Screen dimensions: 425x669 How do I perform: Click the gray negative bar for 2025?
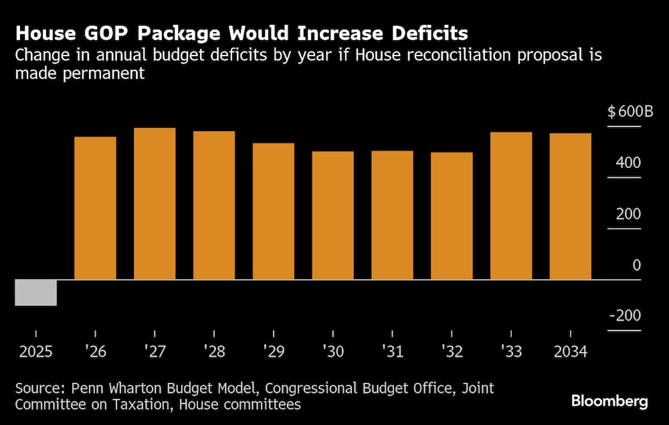pyautogui.click(x=36, y=292)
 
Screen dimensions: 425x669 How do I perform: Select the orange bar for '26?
pyautogui.click(x=95, y=208)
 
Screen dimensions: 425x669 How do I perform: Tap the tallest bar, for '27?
pyautogui.click(x=155, y=203)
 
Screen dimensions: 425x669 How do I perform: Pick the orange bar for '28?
pyautogui.click(x=214, y=205)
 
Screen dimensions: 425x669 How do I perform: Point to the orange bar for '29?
pyautogui.click(x=274, y=211)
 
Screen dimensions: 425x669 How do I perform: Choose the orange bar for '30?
pyautogui.click(x=333, y=216)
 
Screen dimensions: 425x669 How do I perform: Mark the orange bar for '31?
pyautogui.click(x=393, y=215)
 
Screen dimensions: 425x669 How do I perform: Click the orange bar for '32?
pyautogui.click(x=452, y=216)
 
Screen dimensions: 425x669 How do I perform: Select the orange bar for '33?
pyautogui.click(x=511, y=205)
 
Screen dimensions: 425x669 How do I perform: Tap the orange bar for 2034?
pyautogui.click(x=571, y=206)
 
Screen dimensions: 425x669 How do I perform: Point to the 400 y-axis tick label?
pyautogui.click(x=628, y=163)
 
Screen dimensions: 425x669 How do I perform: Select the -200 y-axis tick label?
pyautogui.click(x=625, y=316)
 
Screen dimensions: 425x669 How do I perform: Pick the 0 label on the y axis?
pyautogui.click(x=636, y=266)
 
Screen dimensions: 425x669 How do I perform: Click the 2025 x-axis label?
pyautogui.click(x=36, y=351)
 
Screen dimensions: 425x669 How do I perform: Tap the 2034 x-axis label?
pyautogui.click(x=569, y=351)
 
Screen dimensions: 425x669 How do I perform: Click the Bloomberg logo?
pyautogui.click(x=609, y=402)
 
